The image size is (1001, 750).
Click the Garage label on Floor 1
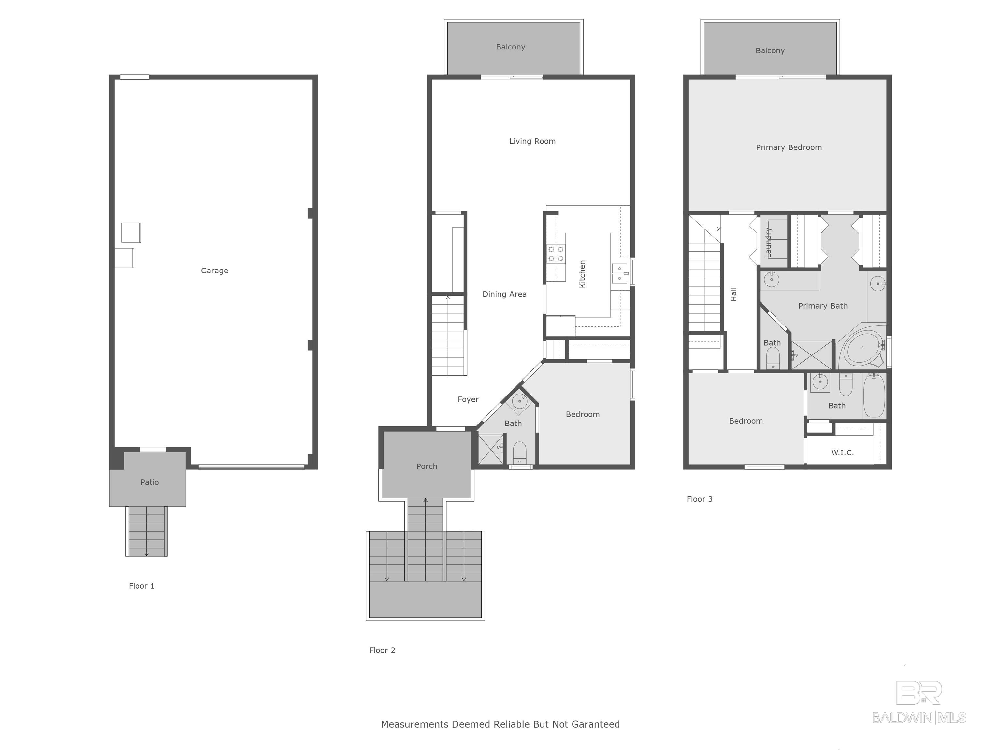pyautogui.click(x=214, y=271)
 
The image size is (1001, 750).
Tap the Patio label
pyautogui.click(x=149, y=482)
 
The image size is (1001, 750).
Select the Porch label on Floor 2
pyautogui.click(x=427, y=466)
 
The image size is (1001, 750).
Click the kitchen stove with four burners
pyautogui.click(x=556, y=254)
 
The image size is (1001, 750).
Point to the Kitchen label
pyautogui.click(x=582, y=274)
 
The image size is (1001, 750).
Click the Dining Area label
pyautogui.click(x=504, y=294)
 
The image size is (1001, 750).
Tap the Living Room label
pyautogui.click(x=532, y=141)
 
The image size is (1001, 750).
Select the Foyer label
pyautogui.click(x=468, y=400)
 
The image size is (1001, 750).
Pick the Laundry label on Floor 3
pyautogui.click(x=768, y=243)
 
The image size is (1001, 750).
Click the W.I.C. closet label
pyautogui.click(x=842, y=452)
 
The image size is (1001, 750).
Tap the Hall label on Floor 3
pyautogui.click(x=733, y=294)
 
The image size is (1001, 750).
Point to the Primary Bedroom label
pyautogui.click(x=789, y=147)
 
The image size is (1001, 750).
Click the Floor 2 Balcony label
pyautogui.click(x=511, y=47)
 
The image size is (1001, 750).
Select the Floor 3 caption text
pyautogui.click(x=700, y=499)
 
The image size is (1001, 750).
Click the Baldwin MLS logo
pyautogui.click(x=919, y=702)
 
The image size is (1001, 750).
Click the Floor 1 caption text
pyautogui.click(x=142, y=586)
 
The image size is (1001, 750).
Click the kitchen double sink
pyautogui.click(x=619, y=273)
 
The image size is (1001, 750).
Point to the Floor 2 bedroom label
pyautogui.click(x=582, y=415)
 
